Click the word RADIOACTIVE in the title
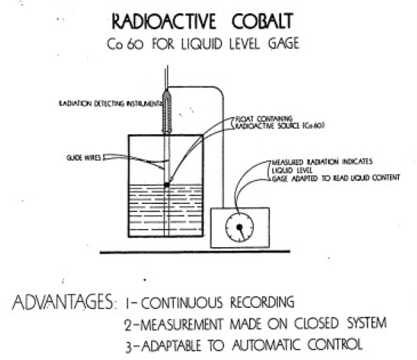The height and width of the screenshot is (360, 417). [x=164, y=22]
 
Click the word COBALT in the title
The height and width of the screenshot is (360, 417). [x=262, y=21]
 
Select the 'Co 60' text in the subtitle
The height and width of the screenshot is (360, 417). [x=125, y=44]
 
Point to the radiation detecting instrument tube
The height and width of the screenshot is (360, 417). [x=167, y=111]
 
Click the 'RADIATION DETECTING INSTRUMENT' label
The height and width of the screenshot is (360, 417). [x=110, y=104]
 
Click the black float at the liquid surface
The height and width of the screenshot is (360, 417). [x=167, y=185]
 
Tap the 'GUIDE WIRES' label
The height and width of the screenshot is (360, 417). [x=84, y=158]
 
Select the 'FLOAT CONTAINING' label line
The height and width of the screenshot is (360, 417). [x=264, y=118]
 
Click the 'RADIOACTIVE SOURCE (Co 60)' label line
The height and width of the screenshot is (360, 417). [x=279, y=125]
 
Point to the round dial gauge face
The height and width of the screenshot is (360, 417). [x=239, y=228]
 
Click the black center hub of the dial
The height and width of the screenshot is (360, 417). [x=239, y=227]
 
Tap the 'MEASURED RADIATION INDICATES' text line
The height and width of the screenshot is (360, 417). [x=322, y=162]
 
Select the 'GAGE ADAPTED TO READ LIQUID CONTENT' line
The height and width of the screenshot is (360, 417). [x=336, y=178]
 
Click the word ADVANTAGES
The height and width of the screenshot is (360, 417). [x=63, y=302]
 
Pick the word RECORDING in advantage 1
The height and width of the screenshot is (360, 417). [x=262, y=302]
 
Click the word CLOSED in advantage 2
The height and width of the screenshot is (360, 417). [x=316, y=323]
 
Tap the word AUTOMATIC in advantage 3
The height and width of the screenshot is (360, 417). [x=267, y=344]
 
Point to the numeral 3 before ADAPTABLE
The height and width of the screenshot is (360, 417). [x=129, y=347]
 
